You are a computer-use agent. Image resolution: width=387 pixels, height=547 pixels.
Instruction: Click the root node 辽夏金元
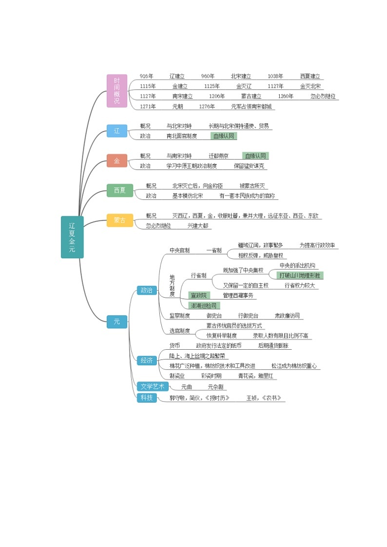point(72,237)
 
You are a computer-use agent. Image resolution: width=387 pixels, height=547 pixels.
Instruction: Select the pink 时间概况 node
point(116,91)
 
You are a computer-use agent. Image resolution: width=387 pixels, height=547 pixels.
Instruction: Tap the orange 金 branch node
point(116,161)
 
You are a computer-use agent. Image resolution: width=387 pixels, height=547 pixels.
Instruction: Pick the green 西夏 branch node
point(119,190)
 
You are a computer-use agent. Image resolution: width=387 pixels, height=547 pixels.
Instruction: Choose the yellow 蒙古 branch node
point(119,220)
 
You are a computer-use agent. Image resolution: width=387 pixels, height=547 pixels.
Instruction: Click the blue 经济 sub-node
point(147,360)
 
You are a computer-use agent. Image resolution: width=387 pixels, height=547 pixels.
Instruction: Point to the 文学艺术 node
point(153,387)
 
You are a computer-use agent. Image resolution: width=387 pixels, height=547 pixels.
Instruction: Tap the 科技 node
point(147,398)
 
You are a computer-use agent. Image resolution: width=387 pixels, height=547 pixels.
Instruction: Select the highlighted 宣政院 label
point(198,296)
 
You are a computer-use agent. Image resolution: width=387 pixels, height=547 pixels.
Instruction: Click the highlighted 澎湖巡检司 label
point(204,306)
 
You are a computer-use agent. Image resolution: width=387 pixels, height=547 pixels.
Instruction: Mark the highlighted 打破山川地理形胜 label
point(301,275)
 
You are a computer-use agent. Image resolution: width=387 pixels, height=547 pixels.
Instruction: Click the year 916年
point(146,76)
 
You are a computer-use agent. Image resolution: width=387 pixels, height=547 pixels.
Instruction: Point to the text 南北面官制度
point(182,136)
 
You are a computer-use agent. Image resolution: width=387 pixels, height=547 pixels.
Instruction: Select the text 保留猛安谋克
point(249,166)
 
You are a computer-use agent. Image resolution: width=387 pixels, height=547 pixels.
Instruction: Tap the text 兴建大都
point(197,226)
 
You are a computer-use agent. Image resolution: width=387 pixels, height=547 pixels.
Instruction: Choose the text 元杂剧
point(215,387)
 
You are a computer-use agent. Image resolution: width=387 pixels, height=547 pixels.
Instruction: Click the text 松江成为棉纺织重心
point(294,366)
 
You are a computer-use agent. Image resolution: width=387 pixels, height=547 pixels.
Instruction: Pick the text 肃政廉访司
point(287,316)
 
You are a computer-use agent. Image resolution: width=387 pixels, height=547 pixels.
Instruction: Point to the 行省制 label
point(198,276)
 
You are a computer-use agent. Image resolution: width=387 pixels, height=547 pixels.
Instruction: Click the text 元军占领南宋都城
point(251,107)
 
